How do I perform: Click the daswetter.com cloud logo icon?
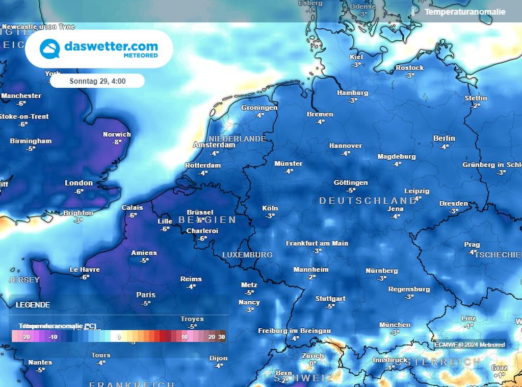(50, 49)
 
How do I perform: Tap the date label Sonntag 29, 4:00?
(97, 81)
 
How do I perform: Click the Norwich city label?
(117, 134)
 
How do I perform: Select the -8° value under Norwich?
(117, 142)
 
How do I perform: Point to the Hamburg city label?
(352, 93)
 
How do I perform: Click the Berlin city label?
(443, 138)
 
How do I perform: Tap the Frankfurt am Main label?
(317, 243)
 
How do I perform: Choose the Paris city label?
(146, 295)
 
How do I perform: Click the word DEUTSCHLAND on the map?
(368, 201)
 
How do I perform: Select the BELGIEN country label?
(207, 220)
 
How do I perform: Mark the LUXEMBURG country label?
(247, 254)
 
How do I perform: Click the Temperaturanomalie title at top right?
(465, 12)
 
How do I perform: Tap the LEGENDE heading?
(33, 305)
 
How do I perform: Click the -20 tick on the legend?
(25, 337)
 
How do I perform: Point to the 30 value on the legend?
(221, 337)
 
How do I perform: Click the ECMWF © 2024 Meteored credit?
(469, 345)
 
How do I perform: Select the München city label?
(395, 325)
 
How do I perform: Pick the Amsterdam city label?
(214, 145)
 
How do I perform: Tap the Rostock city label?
(409, 68)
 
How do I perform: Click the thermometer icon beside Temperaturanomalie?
(413, 11)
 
